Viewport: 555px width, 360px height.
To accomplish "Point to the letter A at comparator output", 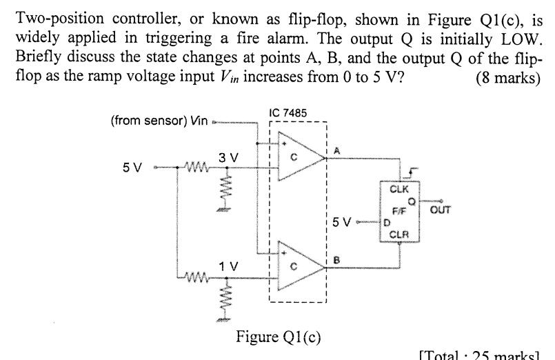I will [336, 151].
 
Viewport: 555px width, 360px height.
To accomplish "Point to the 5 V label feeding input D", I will [356, 222].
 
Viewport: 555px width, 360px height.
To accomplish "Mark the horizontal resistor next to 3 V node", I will [189, 166].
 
